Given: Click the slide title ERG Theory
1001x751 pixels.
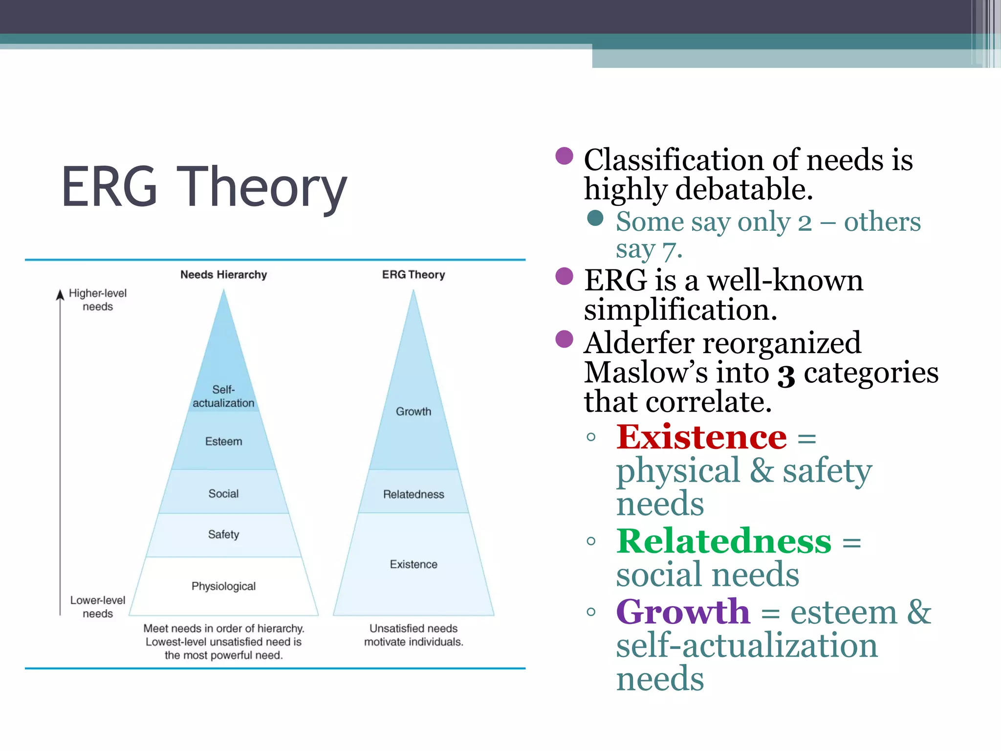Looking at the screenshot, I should coord(204,187).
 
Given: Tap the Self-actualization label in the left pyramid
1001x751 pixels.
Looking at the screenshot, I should coord(223,397).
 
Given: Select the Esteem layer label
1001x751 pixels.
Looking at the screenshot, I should coord(223,442).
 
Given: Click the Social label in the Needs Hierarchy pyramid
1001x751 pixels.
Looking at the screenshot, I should coord(223,494).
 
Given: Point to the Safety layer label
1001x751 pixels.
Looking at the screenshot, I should coord(223,534).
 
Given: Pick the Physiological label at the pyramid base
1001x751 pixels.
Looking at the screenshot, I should coord(223,586).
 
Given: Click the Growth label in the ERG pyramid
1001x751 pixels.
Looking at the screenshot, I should coord(413,412).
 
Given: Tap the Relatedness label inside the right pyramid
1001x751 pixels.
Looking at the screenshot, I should coord(413,495).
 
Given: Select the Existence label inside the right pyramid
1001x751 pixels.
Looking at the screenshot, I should coord(413,565).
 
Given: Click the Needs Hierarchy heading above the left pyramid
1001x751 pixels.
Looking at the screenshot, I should coord(223,275).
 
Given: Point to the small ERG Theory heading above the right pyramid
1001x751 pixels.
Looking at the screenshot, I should coord(413,275).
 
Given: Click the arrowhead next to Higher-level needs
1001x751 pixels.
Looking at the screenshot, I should coord(60,294).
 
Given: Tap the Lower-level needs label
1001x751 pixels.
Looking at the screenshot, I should coord(97,607).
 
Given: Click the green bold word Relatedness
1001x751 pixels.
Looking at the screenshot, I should coord(723,541).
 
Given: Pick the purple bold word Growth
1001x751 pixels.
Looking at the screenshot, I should coord(682,612).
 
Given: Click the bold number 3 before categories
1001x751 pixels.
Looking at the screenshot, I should coord(786,375).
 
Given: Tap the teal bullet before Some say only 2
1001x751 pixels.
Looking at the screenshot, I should coord(595,218).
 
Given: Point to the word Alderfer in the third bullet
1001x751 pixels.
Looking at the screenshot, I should coord(638,343).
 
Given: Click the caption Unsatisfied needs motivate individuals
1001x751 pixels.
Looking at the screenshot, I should coord(413,635).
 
